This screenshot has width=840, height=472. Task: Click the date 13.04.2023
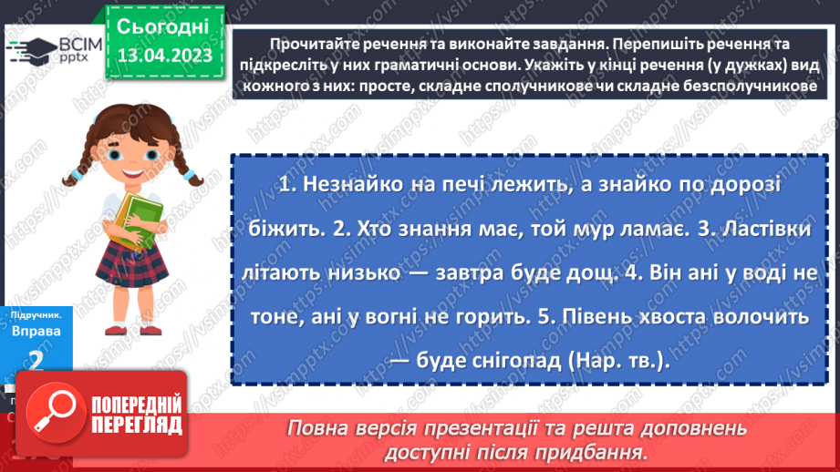pyautogui.click(x=164, y=56)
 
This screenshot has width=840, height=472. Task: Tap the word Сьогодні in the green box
pyautogui.click(x=164, y=25)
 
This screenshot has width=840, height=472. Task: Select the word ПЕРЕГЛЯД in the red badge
pyautogui.click(x=136, y=425)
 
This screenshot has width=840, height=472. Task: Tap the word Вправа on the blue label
pyautogui.click(x=36, y=331)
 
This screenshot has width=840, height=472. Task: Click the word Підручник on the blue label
pyautogui.click(x=35, y=313)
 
